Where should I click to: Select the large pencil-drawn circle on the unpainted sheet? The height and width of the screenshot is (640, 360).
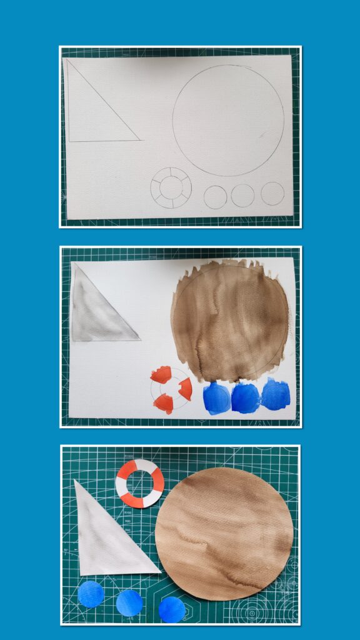(x=228, y=120)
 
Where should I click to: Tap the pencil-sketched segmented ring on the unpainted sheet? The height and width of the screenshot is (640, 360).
(x=171, y=187)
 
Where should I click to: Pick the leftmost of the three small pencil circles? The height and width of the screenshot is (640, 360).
(x=215, y=197)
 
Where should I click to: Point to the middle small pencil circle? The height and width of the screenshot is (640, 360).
(x=242, y=195)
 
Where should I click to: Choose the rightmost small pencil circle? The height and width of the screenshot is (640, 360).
(x=272, y=193)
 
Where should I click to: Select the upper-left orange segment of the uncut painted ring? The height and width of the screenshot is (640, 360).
(x=161, y=375)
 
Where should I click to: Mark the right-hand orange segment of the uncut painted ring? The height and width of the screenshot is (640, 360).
(x=186, y=389)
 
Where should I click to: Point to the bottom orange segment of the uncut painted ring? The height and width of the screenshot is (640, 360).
(x=164, y=403)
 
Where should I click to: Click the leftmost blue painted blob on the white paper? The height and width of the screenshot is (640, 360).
(x=216, y=398)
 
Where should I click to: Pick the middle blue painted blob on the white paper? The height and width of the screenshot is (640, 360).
(x=246, y=397)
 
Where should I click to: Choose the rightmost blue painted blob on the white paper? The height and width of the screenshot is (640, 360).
(x=276, y=394)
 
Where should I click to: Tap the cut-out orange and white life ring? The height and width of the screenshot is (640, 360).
(x=140, y=483)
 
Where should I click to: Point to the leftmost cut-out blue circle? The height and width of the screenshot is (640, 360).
(x=91, y=594)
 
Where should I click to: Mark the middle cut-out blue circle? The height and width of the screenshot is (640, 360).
(x=129, y=602)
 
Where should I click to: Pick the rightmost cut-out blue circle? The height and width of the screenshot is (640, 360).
(x=172, y=609)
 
